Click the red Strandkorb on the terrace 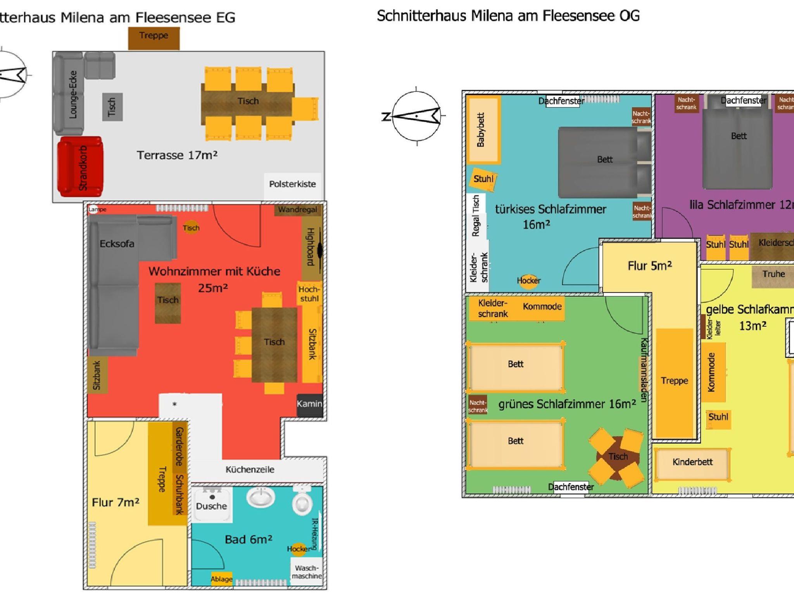click(x=80, y=167)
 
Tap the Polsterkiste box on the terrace click(x=292, y=184)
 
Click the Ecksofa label click(x=117, y=244)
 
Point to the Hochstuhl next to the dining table click(x=309, y=294)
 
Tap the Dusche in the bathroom click(x=212, y=505)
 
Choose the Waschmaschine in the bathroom click(x=306, y=572)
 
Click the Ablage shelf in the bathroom click(x=221, y=579)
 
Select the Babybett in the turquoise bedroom click(x=482, y=130)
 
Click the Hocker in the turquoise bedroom click(x=528, y=280)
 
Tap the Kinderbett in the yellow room click(x=692, y=463)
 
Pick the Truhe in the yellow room click(x=773, y=274)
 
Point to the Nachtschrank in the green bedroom click(x=478, y=406)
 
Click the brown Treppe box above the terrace click(x=154, y=38)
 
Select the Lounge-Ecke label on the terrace click(x=73, y=94)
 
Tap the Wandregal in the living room click(x=297, y=210)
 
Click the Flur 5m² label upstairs click(x=649, y=266)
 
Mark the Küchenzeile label click(x=250, y=470)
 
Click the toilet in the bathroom click(x=302, y=502)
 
